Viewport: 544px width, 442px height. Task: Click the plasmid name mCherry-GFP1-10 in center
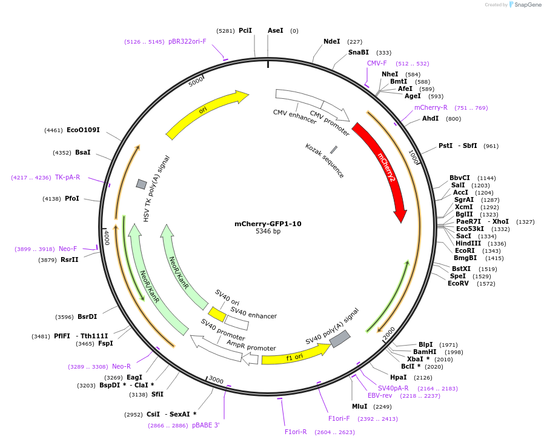[268, 224]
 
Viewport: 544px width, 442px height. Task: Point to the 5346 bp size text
[268, 232]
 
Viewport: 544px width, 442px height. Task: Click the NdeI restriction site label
[332, 42]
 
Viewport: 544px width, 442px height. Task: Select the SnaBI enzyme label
[359, 53]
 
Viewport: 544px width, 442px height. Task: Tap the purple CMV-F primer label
[377, 63]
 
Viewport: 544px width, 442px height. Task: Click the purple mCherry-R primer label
[431, 107]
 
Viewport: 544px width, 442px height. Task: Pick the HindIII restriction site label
[468, 244]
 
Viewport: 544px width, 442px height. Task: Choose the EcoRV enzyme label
[458, 284]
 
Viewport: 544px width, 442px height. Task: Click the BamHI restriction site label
[425, 352]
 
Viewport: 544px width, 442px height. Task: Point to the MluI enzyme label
[360, 406]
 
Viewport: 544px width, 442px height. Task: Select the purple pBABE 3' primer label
[205, 426]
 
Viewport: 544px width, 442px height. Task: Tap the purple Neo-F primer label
[68, 249]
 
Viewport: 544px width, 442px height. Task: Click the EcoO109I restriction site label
[83, 130]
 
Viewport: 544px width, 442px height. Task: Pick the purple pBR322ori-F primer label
[187, 42]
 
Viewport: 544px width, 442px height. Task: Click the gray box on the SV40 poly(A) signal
[340, 339]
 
